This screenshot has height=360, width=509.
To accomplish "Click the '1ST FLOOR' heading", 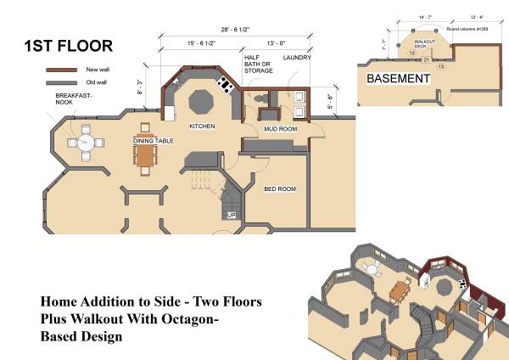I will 67,46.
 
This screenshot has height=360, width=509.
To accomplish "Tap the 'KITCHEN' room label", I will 201,127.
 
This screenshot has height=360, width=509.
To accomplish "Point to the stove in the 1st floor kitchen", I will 226,83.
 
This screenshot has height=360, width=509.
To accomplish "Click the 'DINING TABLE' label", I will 154,140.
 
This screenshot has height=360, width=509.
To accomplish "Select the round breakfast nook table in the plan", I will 85,142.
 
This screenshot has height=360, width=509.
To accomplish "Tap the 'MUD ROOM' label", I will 279,130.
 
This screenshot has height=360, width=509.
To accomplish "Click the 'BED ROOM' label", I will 279,188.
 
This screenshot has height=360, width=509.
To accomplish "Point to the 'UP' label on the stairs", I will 231,216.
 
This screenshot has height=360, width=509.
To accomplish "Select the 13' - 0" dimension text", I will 277,42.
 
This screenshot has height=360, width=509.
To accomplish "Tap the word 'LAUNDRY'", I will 297,58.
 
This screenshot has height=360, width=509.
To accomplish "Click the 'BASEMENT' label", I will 398,78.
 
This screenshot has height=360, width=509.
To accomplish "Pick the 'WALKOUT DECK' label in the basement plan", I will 424,42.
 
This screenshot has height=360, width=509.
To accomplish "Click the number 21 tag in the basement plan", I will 426,59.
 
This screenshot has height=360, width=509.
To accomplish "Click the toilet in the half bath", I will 260,100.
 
